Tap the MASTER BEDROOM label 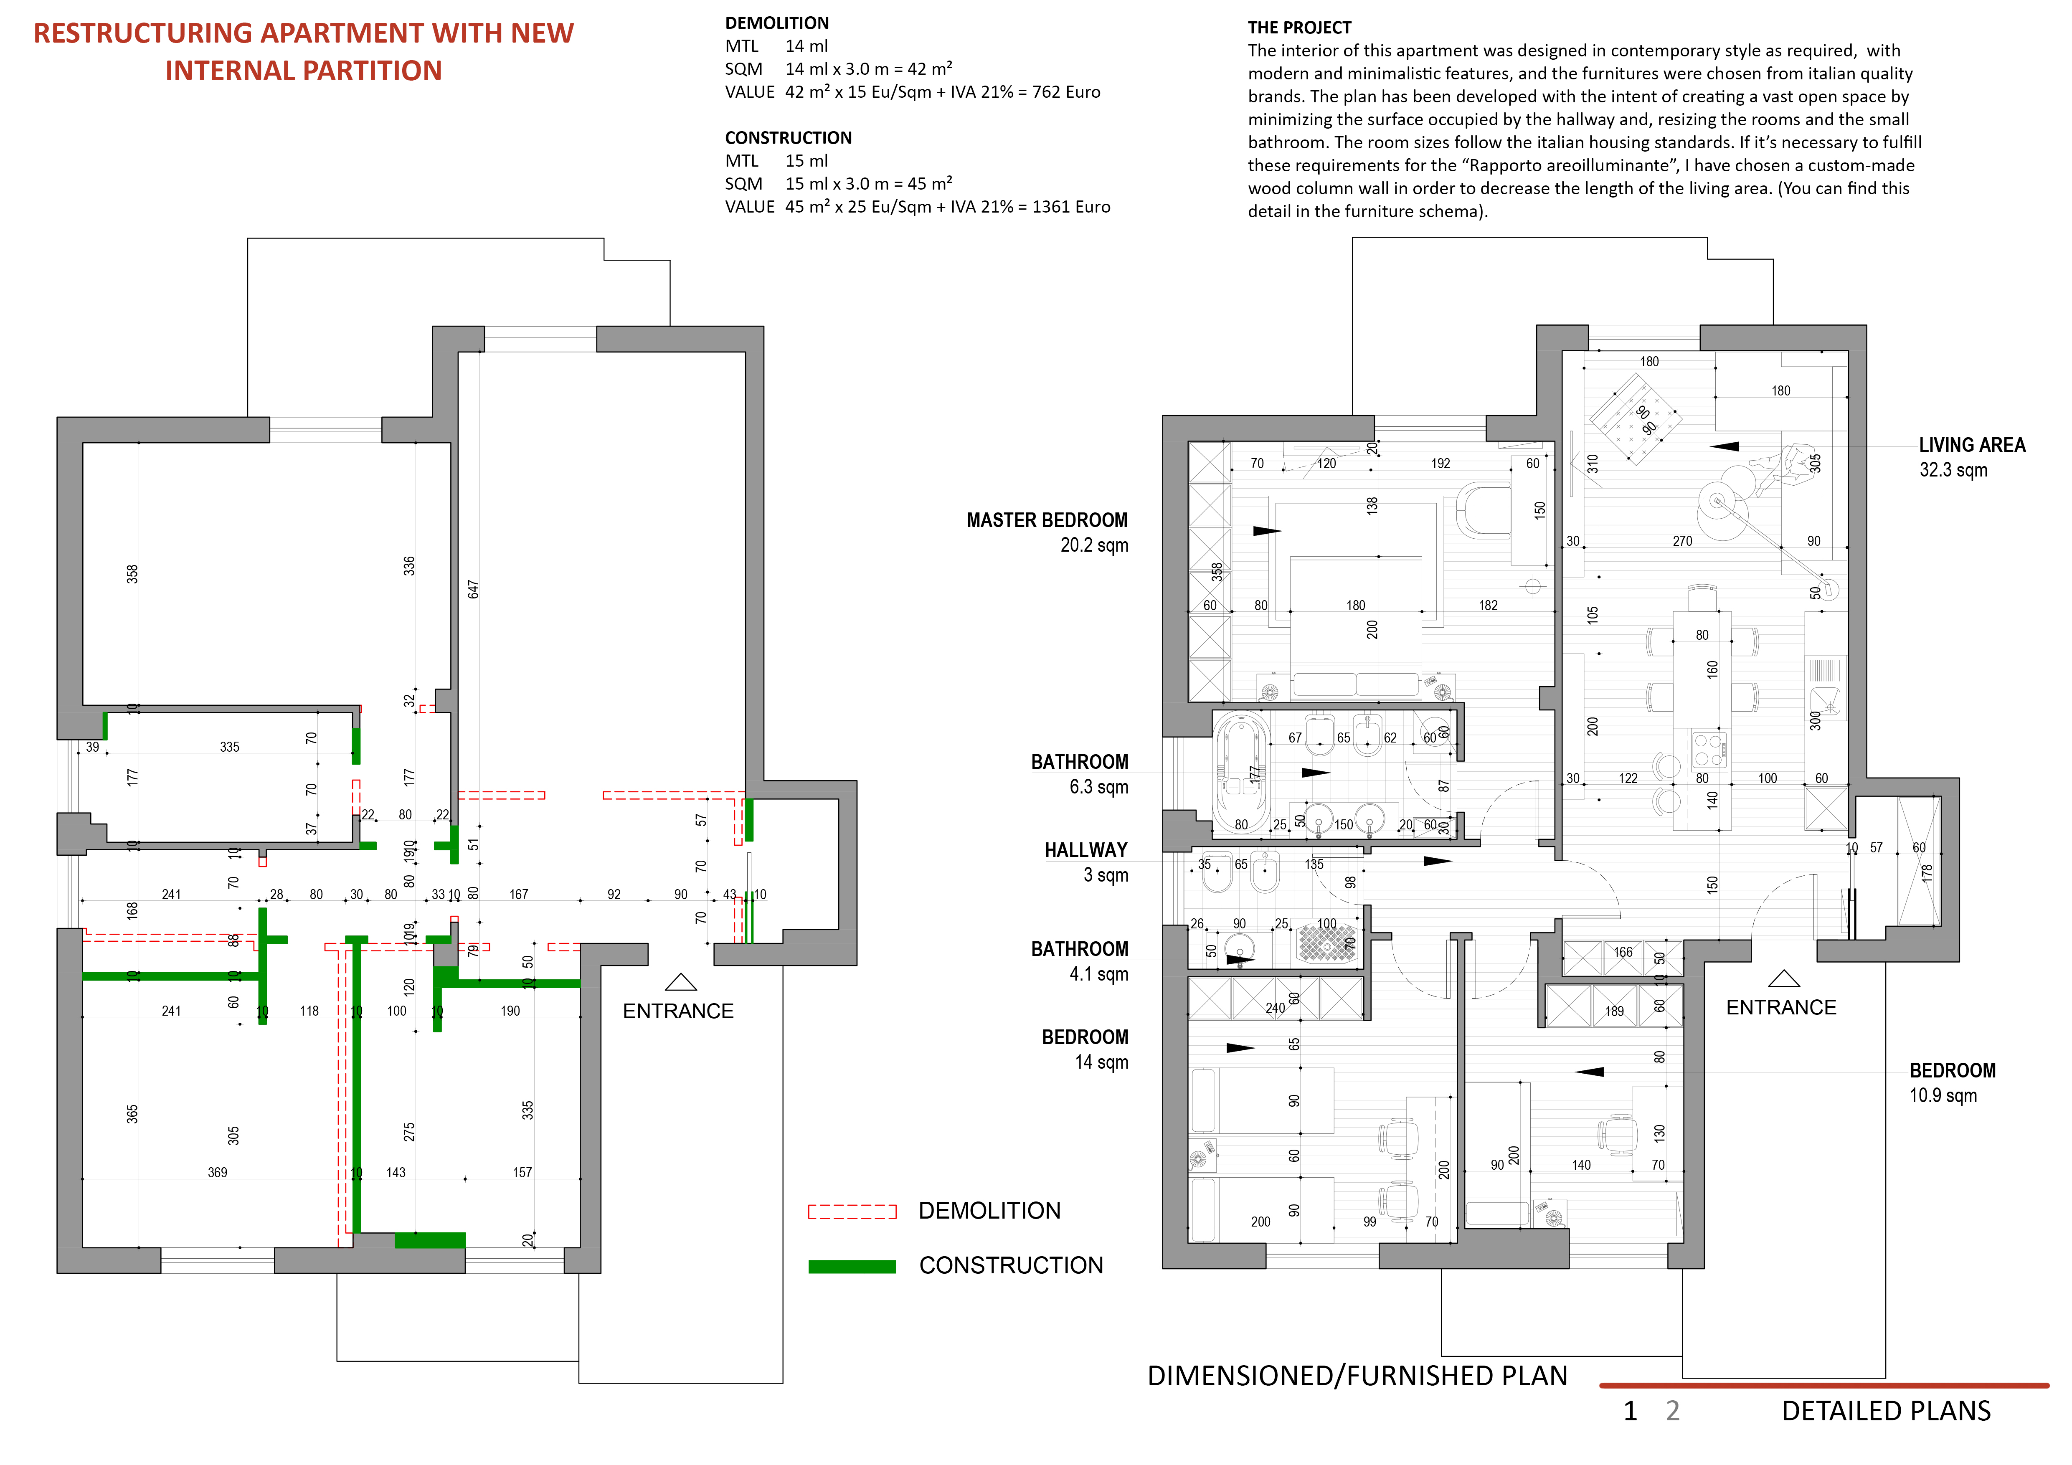(1047, 520)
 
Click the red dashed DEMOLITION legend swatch (852, 1212)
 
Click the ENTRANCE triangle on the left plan (680, 982)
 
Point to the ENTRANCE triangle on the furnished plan (1783, 979)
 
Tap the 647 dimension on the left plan (473, 589)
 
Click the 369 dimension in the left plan (218, 1173)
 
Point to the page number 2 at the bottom (1672, 1411)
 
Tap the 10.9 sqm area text (1942, 1095)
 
